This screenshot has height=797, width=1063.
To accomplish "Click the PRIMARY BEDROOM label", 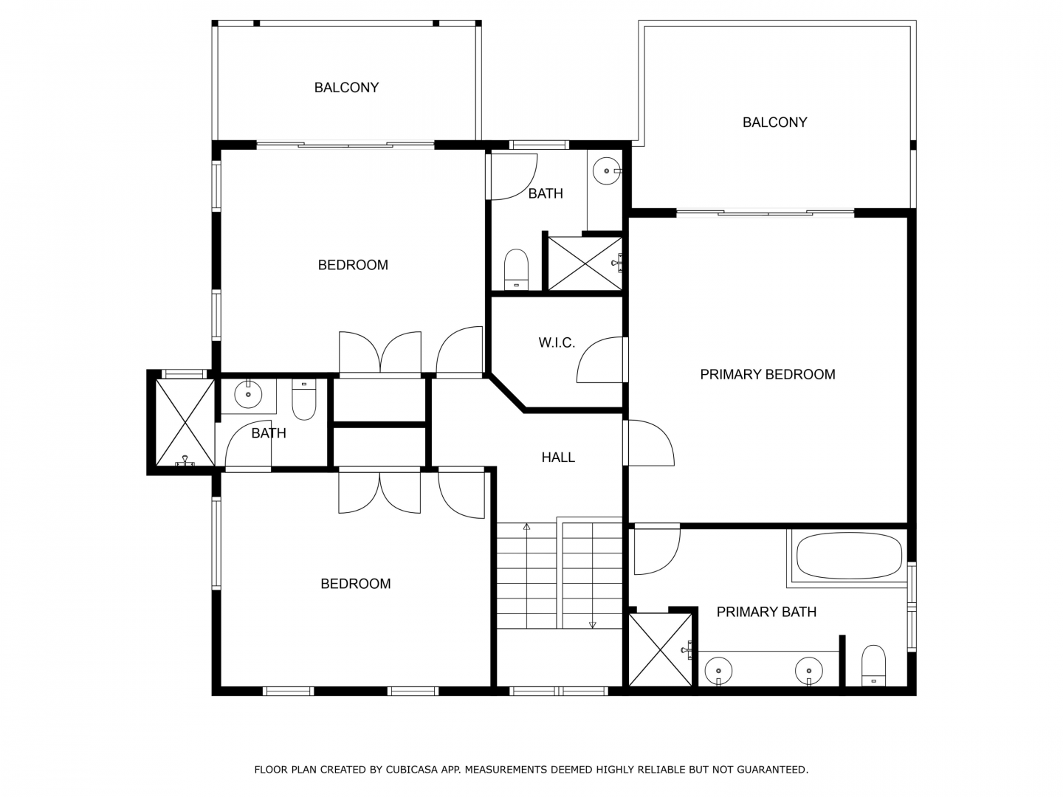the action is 767,374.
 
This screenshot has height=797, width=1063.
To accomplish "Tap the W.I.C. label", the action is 557,342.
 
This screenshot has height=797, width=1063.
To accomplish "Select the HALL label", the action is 558,458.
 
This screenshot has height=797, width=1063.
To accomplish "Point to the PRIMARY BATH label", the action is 766,612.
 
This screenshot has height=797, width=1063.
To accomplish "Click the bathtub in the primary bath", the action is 849,556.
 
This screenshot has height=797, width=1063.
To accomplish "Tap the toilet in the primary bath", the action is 873,666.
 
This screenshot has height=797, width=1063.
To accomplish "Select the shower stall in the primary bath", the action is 660,649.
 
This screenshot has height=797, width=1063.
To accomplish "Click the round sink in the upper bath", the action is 607,170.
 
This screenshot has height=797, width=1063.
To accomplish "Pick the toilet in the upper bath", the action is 516,269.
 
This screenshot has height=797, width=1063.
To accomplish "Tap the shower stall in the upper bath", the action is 585,263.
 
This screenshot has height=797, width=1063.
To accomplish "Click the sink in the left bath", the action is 248,394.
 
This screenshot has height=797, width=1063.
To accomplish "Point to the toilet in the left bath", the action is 304,399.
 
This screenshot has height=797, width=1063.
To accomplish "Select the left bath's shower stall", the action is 185,422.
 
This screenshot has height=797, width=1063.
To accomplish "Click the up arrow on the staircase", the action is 527,576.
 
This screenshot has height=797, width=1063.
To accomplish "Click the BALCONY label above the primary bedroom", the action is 774,123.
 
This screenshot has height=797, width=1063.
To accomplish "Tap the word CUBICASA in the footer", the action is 413,770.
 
